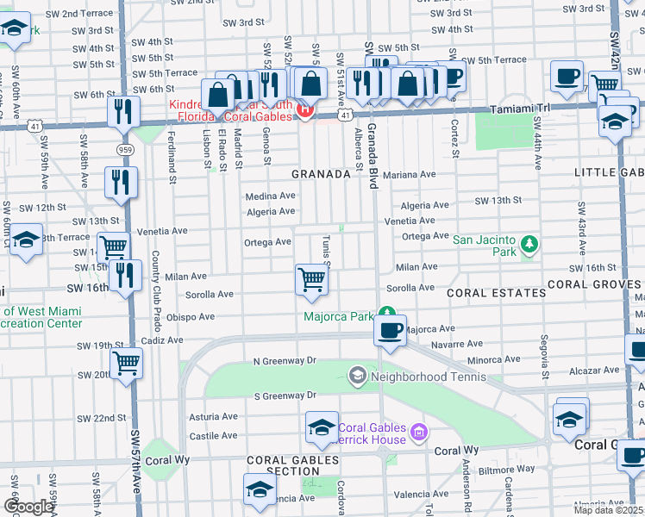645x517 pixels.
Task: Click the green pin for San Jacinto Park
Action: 527,246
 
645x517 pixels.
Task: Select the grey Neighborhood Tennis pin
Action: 357,376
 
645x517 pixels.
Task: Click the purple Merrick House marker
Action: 418,431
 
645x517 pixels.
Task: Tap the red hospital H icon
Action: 304,109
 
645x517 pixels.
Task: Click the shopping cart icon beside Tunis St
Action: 310,279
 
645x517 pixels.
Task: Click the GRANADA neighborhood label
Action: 321,174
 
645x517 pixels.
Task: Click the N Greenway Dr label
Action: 285,362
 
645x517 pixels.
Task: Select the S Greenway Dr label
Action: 285,396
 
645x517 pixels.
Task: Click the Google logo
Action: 28,507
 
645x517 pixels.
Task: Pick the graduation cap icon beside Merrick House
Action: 321,427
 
